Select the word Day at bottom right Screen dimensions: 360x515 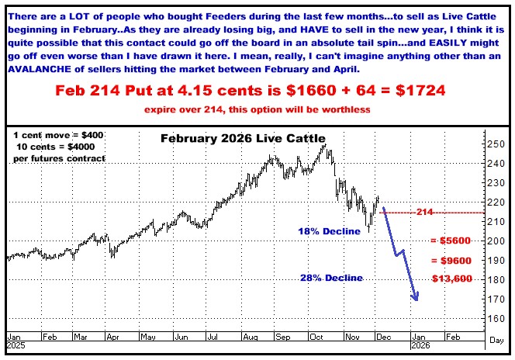(496, 339)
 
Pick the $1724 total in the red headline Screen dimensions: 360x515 (416, 91)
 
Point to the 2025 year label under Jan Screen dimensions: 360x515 (17, 348)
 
